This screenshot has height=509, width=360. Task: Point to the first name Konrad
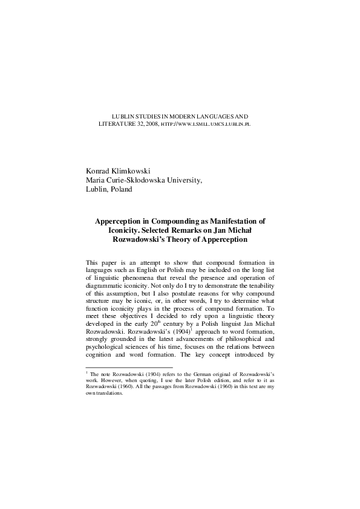click(x=100, y=170)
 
